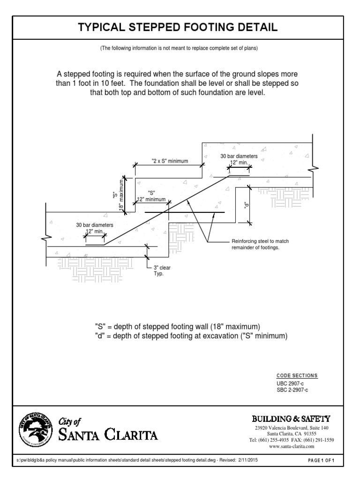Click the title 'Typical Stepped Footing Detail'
coord(180,28)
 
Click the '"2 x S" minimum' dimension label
coord(170,161)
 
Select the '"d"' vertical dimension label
coord(245,205)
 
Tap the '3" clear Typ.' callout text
coord(161,270)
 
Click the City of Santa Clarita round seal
coord(36,427)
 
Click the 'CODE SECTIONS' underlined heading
coord(297,376)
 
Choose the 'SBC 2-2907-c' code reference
coord(293,390)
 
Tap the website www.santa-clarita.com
coord(292,447)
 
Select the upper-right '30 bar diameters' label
coord(239,156)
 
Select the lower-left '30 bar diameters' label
coord(95,225)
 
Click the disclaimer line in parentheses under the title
coord(180,49)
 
